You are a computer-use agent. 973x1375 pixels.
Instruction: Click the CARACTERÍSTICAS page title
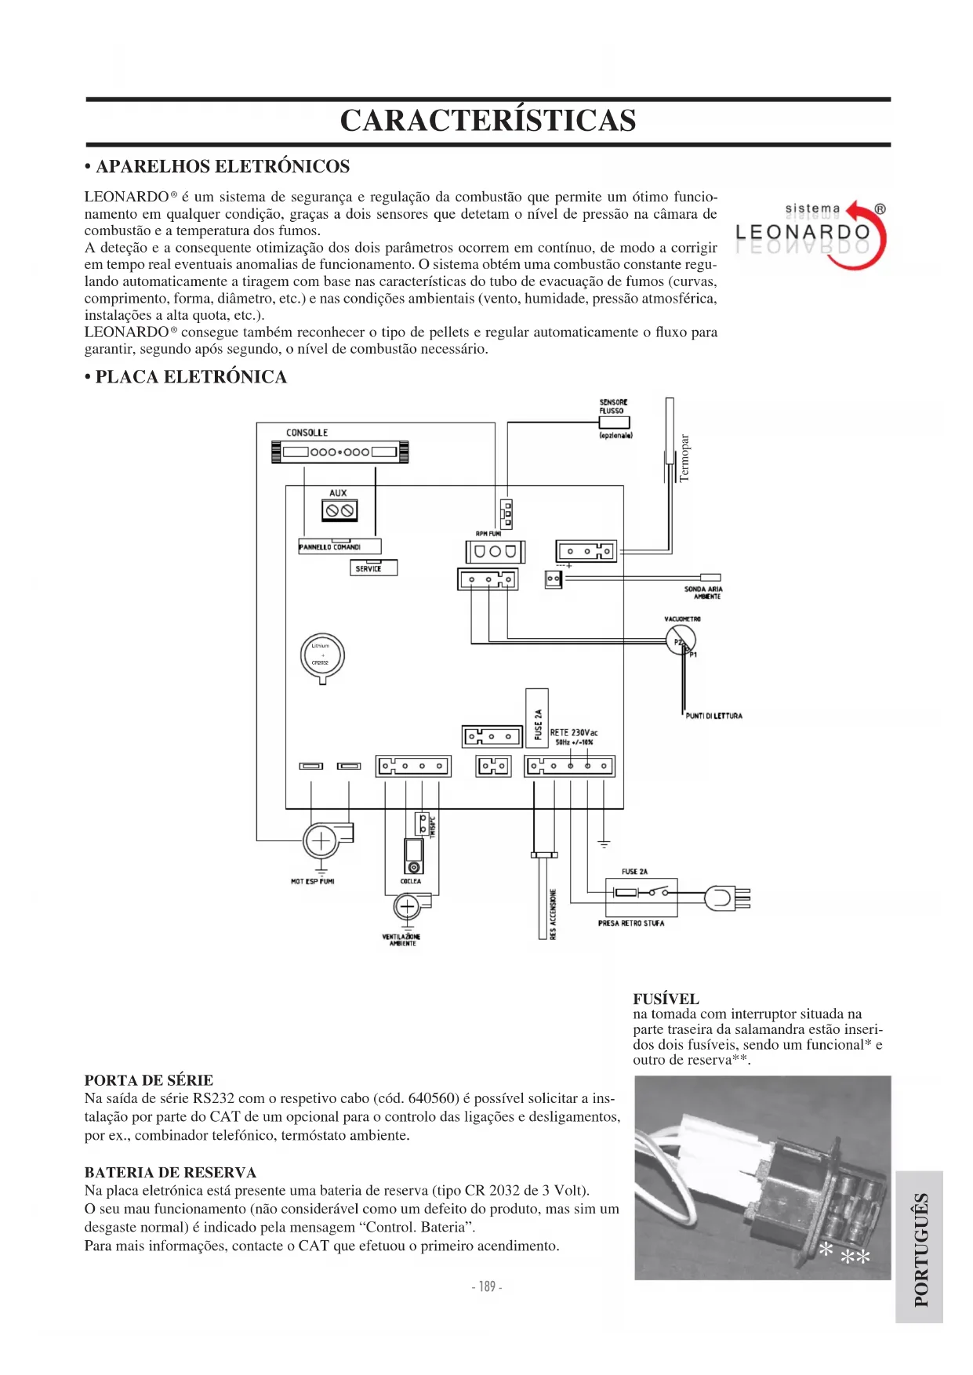[x=488, y=121]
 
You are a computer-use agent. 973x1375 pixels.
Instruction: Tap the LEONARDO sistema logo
[x=811, y=234]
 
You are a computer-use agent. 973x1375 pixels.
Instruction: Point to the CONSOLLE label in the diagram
[x=307, y=433]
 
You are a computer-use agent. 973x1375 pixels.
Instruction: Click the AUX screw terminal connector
[x=339, y=510]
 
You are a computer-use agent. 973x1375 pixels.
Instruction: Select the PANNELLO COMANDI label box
[x=339, y=546]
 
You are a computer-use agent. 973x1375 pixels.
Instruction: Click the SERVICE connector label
[x=373, y=568]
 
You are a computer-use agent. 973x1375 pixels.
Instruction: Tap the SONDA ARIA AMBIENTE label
[x=703, y=593]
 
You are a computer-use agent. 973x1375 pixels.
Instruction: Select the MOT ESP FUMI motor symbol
[x=321, y=842]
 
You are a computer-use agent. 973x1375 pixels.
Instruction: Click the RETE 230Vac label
[x=573, y=733]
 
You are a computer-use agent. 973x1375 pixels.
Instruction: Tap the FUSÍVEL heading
[x=666, y=999]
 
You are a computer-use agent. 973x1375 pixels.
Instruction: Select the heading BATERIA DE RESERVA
[x=170, y=1173]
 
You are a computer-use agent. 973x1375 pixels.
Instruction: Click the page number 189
[x=487, y=1286]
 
